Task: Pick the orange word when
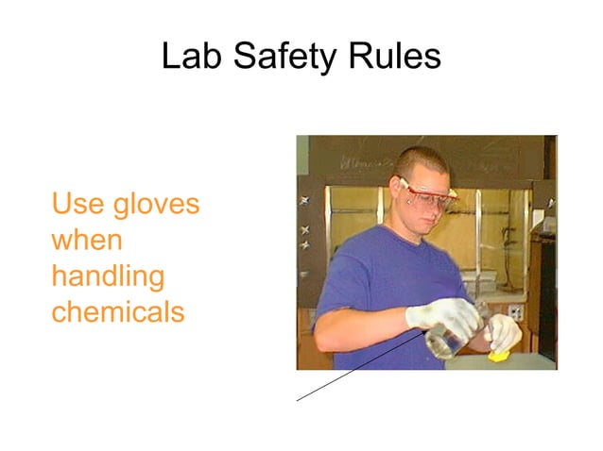[87, 240]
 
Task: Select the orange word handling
[108, 276]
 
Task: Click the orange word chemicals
[118, 311]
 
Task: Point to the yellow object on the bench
[499, 356]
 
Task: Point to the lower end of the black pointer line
[298, 400]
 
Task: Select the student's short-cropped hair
[421, 160]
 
